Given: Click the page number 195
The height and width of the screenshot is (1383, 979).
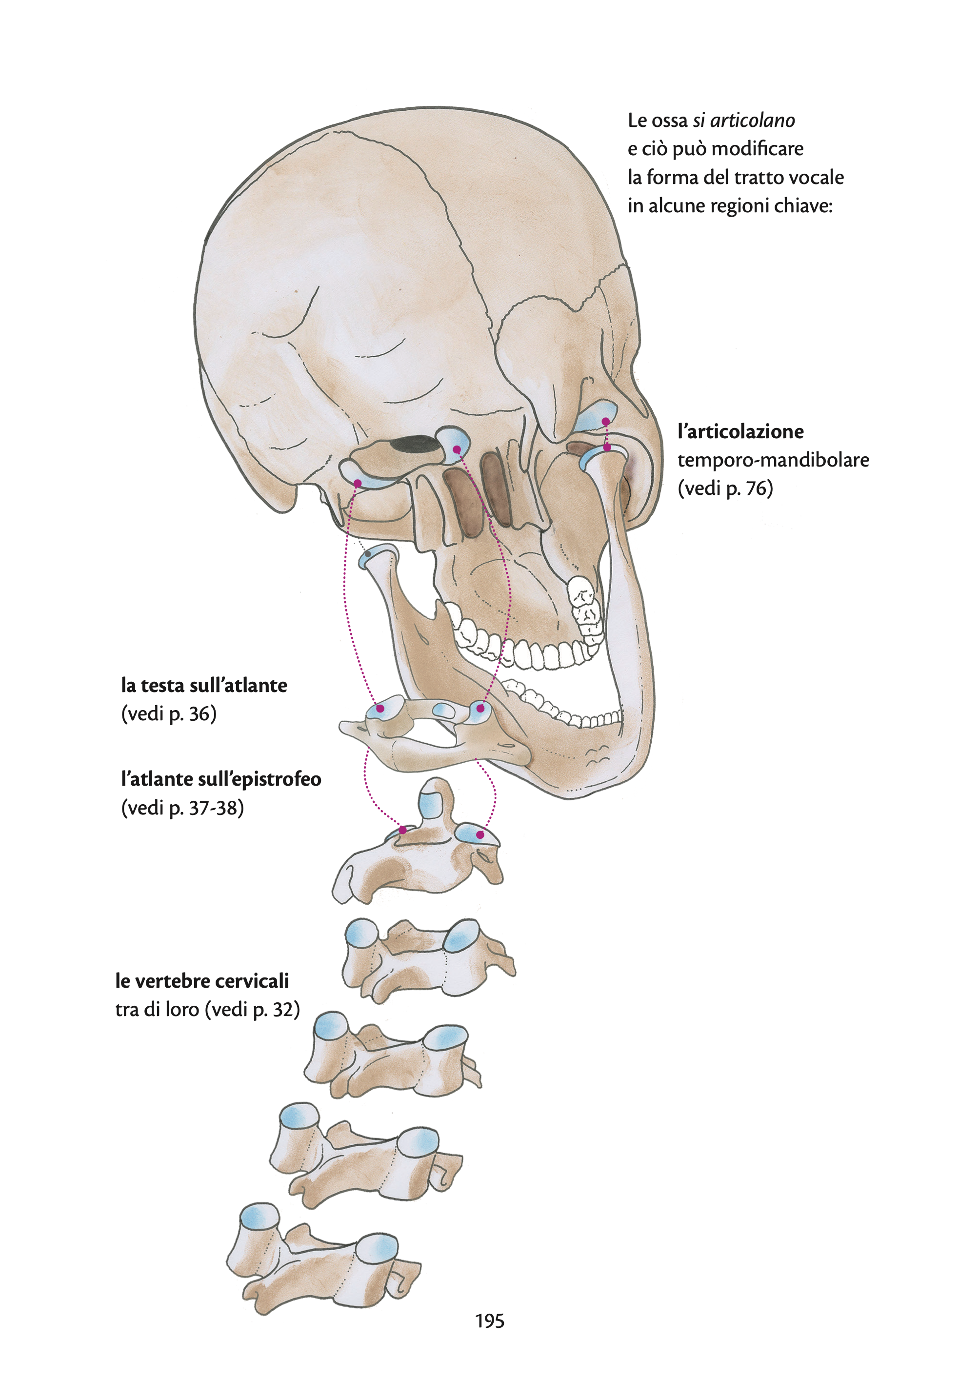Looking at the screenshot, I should [490, 1321].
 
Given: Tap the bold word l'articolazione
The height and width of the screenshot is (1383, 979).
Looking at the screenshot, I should [740, 432].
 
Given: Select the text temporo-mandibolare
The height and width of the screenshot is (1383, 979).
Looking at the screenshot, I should [774, 460].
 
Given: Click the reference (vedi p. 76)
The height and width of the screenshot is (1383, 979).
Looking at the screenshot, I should [725, 488].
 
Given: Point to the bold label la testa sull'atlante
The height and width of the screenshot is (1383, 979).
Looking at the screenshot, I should [204, 686].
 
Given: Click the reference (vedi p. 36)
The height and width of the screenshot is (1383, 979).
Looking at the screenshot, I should [169, 714].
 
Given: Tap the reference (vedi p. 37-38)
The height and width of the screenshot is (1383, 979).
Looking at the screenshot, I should [182, 808].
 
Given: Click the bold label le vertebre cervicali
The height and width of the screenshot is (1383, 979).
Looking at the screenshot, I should [202, 981].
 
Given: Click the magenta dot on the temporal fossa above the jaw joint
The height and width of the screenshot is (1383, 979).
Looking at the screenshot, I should [605, 421].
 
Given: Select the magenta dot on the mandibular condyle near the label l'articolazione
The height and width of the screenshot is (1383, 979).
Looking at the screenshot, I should [607, 447].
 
